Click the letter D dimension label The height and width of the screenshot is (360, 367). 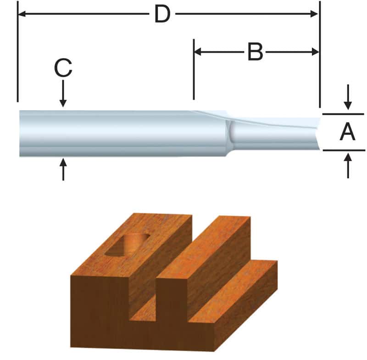click(x=162, y=14)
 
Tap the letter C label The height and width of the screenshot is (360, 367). click(x=63, y=69)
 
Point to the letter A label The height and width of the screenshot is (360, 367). click(x=347, y=133)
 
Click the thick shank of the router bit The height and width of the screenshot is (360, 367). click(x=115, y=134)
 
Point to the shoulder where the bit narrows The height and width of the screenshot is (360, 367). click(x=228, y=134)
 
